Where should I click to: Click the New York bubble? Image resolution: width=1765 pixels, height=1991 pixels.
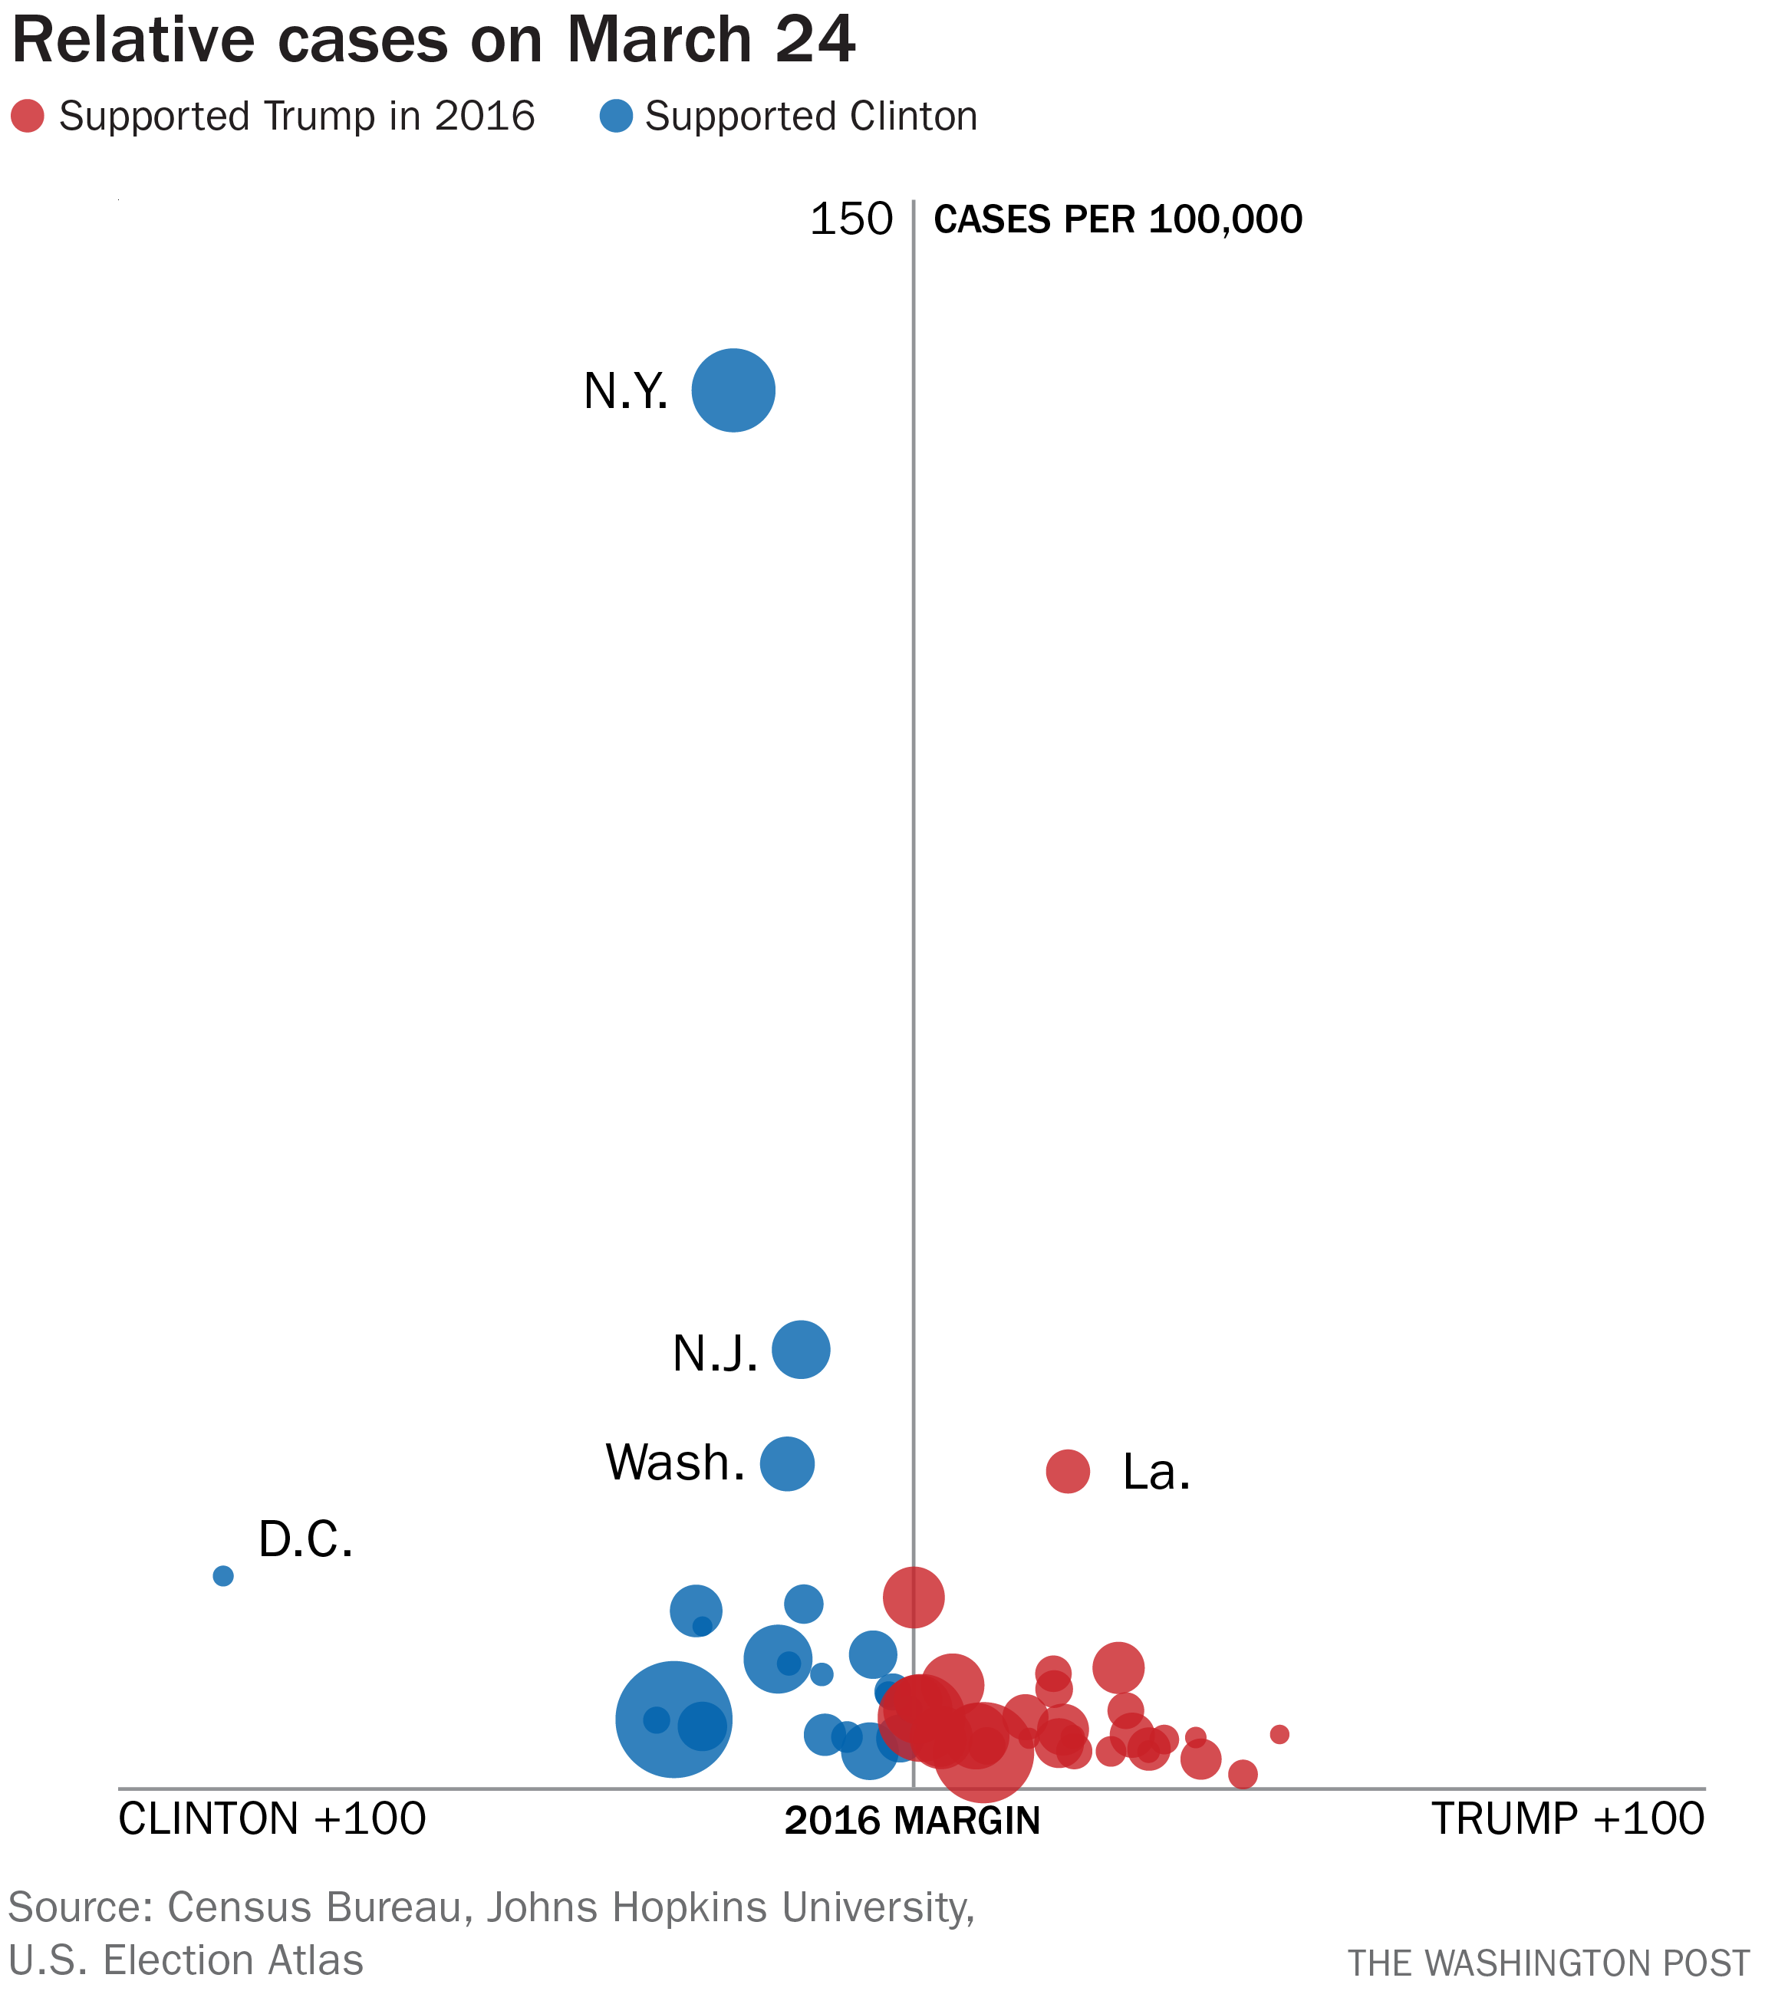[x=733, y=390]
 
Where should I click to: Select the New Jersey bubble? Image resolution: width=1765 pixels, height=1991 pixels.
[x=801, y=1349]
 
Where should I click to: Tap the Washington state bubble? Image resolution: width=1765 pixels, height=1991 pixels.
[x=787, y=1463]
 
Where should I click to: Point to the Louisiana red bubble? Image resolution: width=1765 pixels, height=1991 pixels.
[x=1068, y=1470]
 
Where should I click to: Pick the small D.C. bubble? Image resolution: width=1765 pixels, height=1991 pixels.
[x=223, y=1576]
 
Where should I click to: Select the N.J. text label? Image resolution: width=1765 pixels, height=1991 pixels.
[x=715, y=1354]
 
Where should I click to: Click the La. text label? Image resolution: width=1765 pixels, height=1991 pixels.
[x=1156, y=1472]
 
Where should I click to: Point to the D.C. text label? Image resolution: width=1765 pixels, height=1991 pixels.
[x=305, y=1540]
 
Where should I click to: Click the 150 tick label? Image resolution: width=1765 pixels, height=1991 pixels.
[x=851, y=220]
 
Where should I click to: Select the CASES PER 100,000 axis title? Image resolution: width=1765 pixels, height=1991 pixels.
[x=1118, y=220]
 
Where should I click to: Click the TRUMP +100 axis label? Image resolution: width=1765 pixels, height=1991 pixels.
[x=1567, y=1818]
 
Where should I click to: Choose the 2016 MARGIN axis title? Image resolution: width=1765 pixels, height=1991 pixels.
[x=912, y=1821]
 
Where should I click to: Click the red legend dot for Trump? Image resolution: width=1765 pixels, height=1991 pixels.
[x=28, y=116]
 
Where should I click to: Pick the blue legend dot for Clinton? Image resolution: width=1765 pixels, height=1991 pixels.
[x=616, y=116]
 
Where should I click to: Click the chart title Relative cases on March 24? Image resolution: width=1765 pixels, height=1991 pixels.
[x=433, y=41]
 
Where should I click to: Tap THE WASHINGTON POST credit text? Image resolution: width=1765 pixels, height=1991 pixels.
[x=1549, y=1962]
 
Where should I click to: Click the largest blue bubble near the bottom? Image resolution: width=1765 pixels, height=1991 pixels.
[x=673, y=1719]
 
